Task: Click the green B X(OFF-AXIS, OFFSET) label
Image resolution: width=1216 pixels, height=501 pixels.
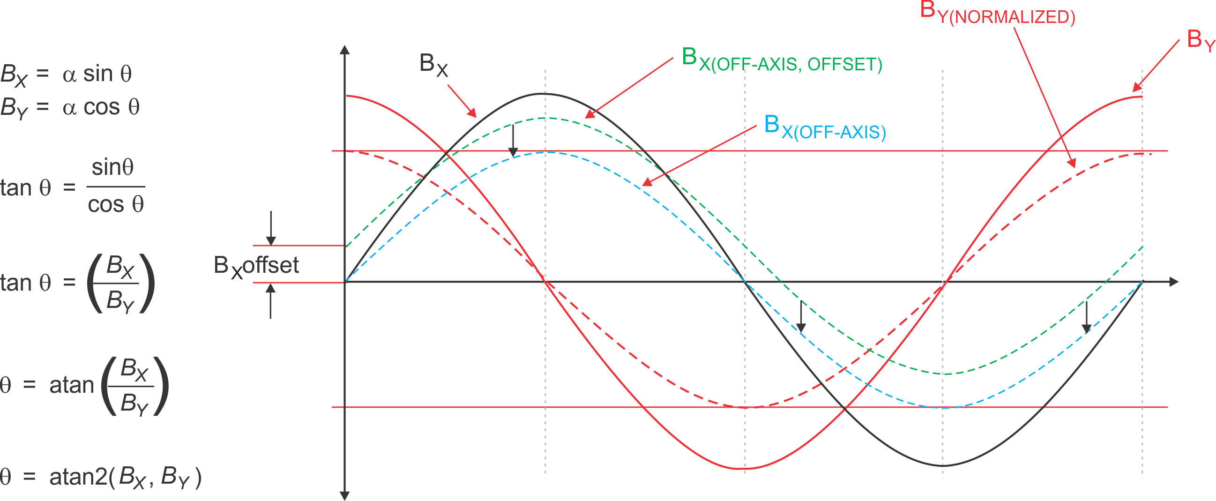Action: (781, 60)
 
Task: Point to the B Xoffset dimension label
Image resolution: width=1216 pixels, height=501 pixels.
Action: (256, 266)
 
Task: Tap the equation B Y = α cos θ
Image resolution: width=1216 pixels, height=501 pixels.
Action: (70, 108)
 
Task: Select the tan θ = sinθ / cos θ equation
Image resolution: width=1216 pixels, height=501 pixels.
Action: (73, 187)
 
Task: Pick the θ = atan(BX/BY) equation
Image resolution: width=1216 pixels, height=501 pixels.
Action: (85, 385)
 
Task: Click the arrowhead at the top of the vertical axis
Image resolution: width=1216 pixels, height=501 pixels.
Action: (345, 50)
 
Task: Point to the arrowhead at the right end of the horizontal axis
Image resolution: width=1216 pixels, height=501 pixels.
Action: (1174, 283)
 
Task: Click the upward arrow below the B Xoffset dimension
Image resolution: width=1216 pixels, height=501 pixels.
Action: (270, 302)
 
